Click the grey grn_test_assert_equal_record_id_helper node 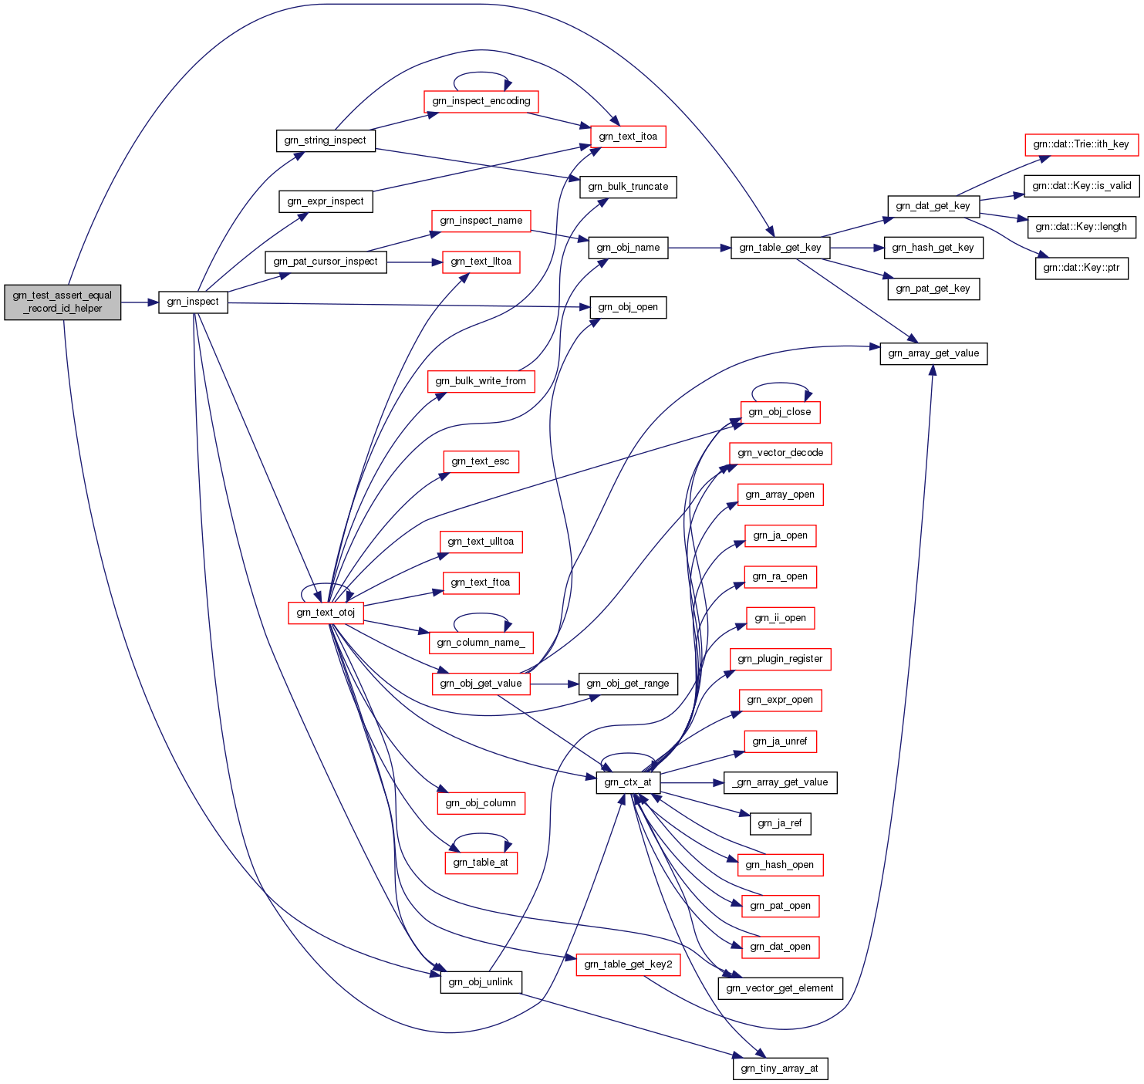62,302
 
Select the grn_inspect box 193,302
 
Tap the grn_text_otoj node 326,613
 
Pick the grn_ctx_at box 628,782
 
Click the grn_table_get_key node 780,248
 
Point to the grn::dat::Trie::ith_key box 1081,144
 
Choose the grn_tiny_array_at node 779,1069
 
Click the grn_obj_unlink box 481,982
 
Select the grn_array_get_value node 933,353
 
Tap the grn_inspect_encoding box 481,101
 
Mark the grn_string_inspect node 326,140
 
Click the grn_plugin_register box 780,659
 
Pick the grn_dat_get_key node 933,206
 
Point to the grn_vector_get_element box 780,988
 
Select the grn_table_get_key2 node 628,964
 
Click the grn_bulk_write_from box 481,381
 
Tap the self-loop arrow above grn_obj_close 781,383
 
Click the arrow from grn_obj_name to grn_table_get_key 699,248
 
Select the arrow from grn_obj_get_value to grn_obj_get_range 554,684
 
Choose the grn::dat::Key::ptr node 1081,268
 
